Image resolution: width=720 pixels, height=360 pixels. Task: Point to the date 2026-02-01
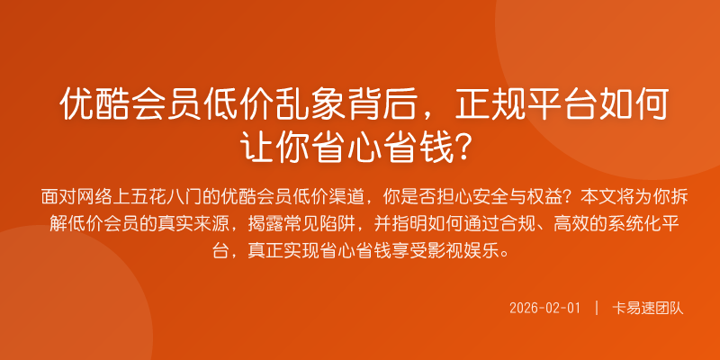pos(545,308)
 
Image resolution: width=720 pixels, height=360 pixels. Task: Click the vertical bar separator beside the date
pos(596,308)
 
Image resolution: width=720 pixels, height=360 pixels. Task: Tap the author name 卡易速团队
pos(648,308)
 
